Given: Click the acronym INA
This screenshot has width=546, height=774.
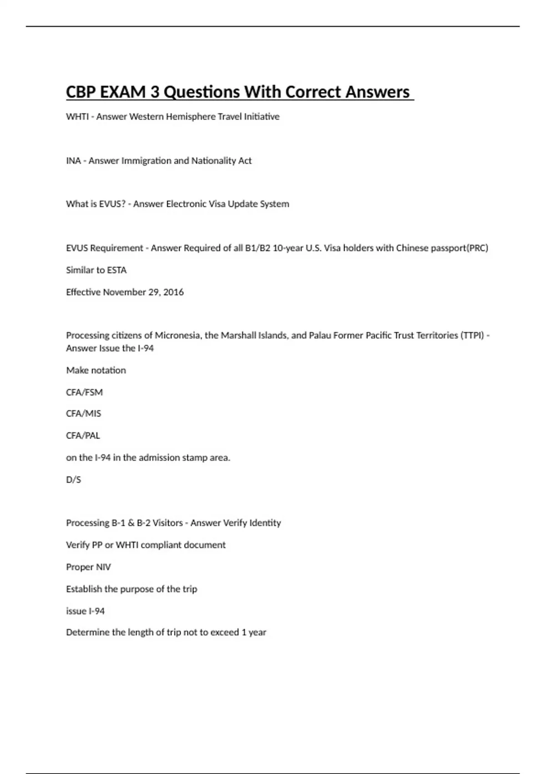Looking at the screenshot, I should tap(73, 161).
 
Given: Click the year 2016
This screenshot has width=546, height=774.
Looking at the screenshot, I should tap(173, 292).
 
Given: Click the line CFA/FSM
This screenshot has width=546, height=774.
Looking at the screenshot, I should tap(84, 392).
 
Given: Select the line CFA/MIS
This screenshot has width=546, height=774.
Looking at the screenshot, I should tap(84, 413).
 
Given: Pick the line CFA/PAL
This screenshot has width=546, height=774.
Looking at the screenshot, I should tap(83, 436).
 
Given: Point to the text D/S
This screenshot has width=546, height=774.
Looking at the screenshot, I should tap(73, 479).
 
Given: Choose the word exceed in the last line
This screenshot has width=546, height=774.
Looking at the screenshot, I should tap(224, 632).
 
